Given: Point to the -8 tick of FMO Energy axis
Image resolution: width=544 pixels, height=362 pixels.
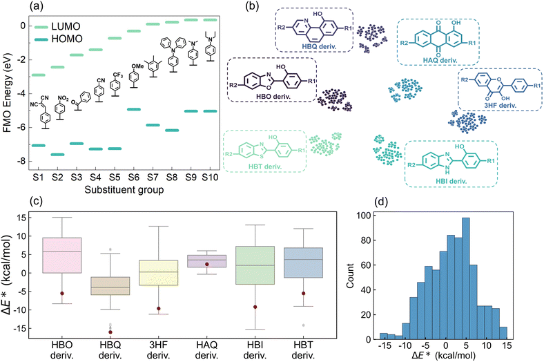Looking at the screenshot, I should pos(23,161).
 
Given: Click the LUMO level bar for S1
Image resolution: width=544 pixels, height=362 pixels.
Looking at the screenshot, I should pos(39,75).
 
